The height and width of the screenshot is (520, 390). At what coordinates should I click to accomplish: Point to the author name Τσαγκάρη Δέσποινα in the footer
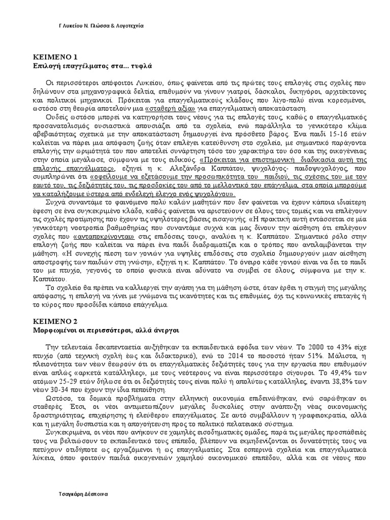pos(82,494)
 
